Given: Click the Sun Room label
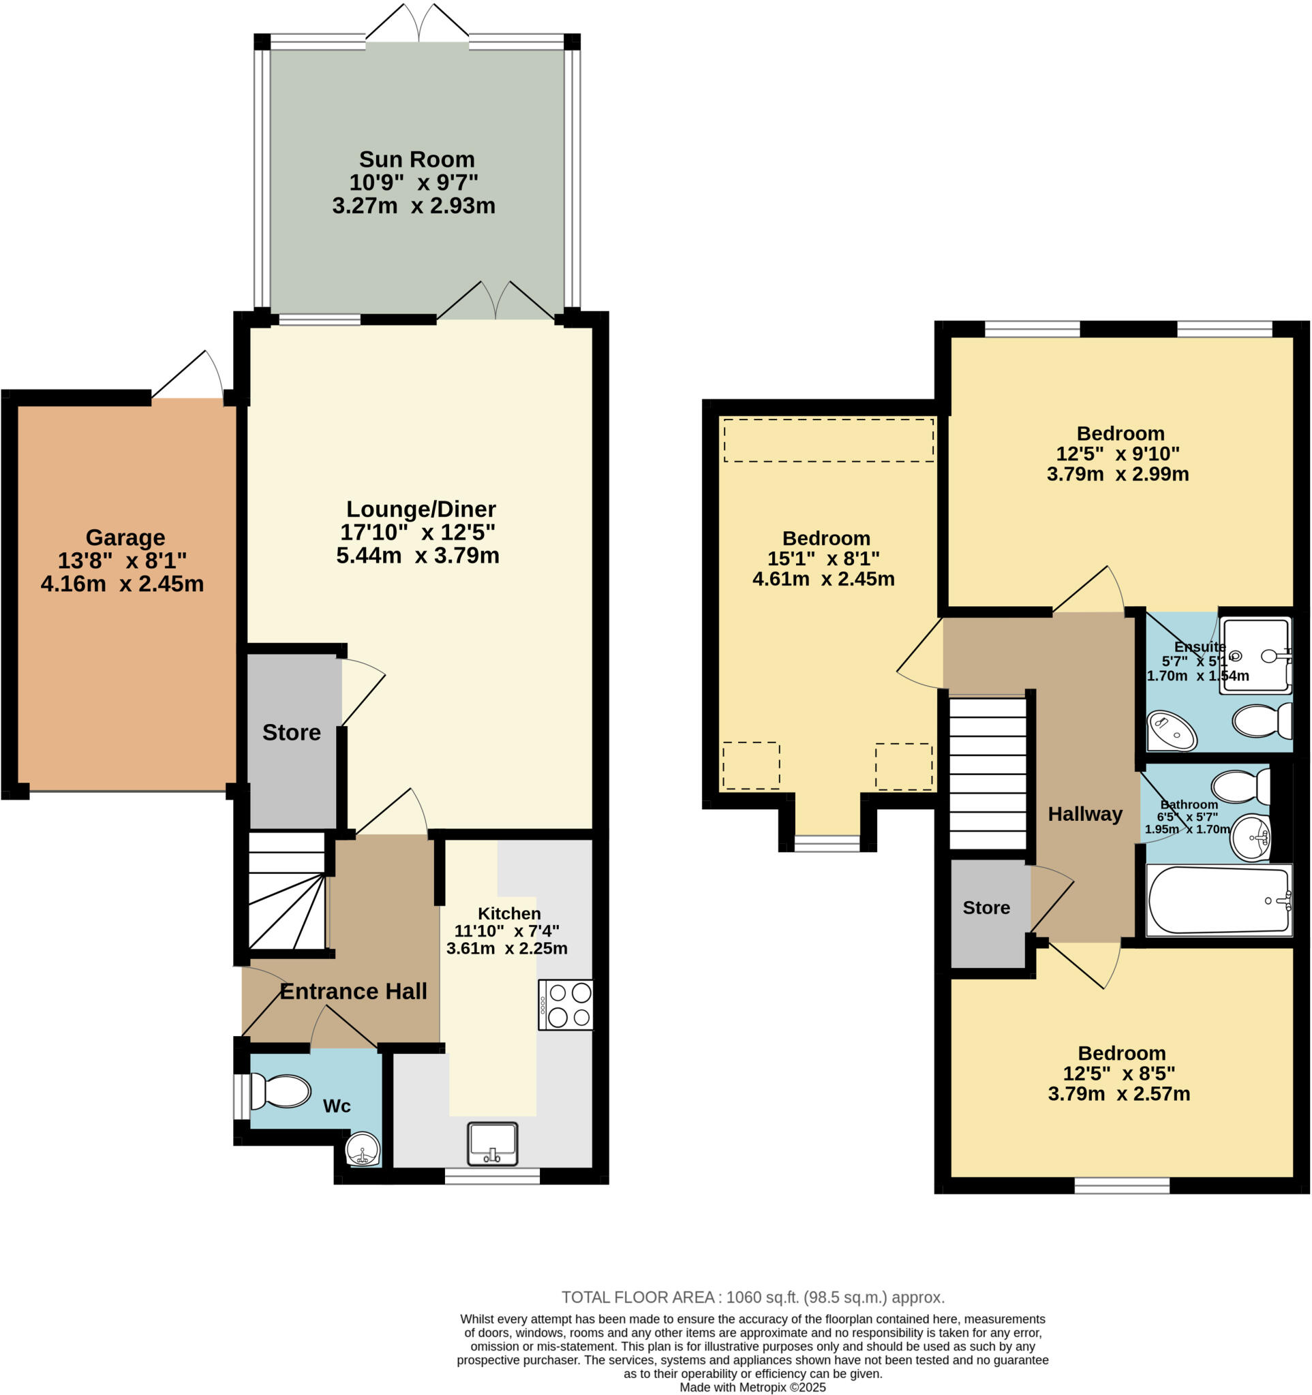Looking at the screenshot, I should click(417, 159).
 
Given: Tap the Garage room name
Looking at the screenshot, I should click(125, 537).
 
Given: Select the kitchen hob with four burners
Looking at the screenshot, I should click(566, 1005).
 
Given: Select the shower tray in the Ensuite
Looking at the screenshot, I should click(1255, 655).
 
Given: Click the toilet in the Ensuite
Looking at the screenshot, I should click(1262, 721).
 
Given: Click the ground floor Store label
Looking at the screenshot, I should click(291, 733).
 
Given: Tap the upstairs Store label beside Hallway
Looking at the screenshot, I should click(986, 908).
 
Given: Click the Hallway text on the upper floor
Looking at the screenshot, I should click(1084, 814).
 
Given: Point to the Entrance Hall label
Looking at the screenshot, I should click(353, 992).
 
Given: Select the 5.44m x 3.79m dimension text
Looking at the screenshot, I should click(418, 556).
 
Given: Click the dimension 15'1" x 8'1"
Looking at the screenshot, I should click(823, 559).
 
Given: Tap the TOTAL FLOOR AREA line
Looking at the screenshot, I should click(752, 1298).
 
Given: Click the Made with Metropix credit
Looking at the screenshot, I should click(752, 1388).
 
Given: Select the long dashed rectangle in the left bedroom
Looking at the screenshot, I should click(828, 441).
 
